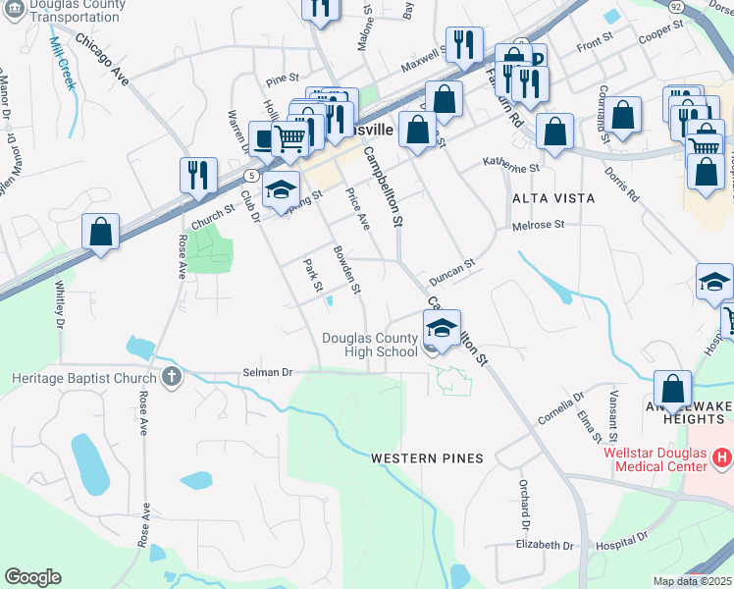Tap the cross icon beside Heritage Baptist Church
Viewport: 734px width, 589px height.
[171, 377]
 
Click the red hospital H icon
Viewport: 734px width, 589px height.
[723, 457]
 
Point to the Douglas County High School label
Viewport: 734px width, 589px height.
[371, 345]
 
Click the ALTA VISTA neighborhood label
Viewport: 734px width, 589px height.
[552, 198]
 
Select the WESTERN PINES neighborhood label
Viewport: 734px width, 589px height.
[427, 458]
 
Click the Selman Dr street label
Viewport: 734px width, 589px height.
[268, 373]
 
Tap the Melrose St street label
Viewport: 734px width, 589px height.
[539, 225]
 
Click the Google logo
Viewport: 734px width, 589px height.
[32, 577]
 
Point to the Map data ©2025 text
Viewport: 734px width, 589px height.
[692, 581]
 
